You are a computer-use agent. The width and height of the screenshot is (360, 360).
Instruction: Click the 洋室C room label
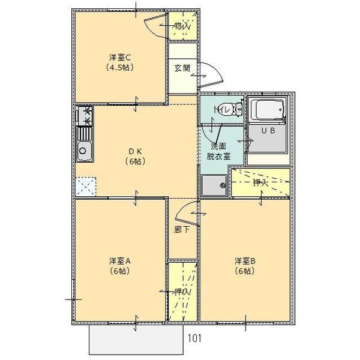point(119,58)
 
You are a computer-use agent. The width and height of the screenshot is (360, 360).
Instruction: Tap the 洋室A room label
point(119,261)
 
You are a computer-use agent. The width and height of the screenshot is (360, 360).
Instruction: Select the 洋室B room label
point(245,261)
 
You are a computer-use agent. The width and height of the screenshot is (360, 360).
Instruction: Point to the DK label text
point(136,151)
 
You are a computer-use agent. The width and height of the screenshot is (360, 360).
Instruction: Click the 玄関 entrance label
point(182,68)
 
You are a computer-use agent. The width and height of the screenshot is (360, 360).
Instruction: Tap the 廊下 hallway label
point(182,229)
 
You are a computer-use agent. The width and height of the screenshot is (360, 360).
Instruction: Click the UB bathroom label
point(268,131)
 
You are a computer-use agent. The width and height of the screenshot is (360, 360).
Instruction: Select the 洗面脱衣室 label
point(218,151)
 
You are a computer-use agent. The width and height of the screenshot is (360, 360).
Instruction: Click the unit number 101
point(194,338)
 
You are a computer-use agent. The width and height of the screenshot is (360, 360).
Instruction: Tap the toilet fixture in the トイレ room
point(238,109)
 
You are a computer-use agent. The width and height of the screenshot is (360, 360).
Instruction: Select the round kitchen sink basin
point(83,151)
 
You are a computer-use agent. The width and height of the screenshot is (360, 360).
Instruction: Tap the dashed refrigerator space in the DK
point(86,187)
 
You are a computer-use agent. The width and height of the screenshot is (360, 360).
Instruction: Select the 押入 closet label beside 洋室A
point(182,292)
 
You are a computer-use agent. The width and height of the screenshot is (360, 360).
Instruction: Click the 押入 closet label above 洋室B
point(260,183)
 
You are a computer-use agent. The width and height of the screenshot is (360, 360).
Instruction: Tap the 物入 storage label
point(182,26)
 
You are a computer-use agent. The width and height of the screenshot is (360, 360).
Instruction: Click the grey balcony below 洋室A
point(136,340)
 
